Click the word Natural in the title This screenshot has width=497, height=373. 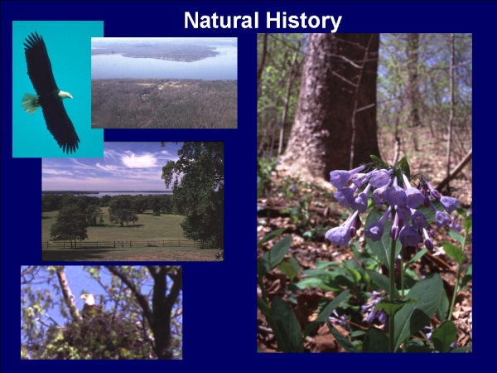pos(221,20)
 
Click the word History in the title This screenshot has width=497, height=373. pos(304,22)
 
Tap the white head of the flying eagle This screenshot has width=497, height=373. pos(65,94)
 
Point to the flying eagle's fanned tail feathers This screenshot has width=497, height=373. pos(31,103)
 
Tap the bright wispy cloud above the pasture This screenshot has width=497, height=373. pos(139,160)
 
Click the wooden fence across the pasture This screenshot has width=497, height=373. pos(127,244)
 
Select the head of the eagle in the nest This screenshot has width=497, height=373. pos(88,298)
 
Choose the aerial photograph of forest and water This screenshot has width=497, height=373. pos(164,83)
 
